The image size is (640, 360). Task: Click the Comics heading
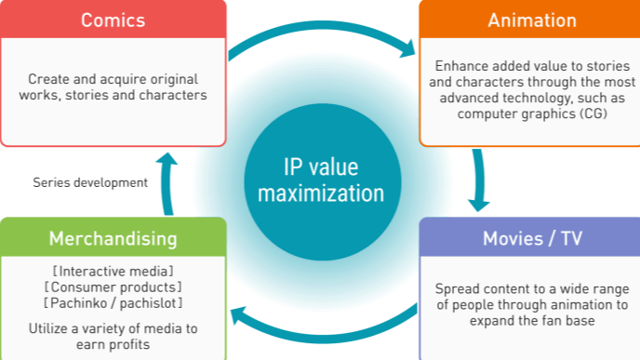tap(112, 20)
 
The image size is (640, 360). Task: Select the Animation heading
tap(531, 20)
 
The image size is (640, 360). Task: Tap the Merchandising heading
tap(113, 238)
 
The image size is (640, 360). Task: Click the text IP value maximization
tap(320, 180)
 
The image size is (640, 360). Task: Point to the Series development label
tap(90, 182)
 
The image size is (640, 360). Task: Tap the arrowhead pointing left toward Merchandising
tap(238, 314)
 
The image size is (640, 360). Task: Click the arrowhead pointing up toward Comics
tap(167, 160)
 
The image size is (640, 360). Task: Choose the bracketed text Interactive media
tap(113, 271)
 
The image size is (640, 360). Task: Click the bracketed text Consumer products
tap(113, 287)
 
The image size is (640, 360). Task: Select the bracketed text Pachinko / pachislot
tap(113, 303)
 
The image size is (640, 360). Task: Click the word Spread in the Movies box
tap(457, 288)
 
